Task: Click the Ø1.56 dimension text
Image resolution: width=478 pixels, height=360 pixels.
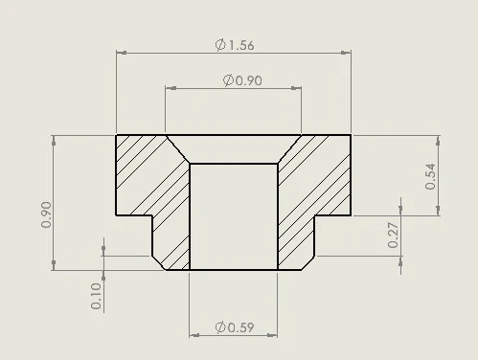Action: (x=235, y=45)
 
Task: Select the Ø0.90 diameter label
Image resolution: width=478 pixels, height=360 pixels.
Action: (x=242, y=80)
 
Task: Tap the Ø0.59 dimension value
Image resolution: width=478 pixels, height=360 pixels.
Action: (x=235, y=327)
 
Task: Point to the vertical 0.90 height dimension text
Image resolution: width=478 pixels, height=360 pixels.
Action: (x=46, y=214)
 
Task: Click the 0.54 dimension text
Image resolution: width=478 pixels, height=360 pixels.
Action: (x=430, y=176)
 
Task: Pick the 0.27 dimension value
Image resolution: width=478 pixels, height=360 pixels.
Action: (x=393, y=236)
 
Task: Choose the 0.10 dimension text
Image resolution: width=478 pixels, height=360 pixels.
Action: (x=96, y=296)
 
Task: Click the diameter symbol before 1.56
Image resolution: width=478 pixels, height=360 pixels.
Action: (x=220, y=45)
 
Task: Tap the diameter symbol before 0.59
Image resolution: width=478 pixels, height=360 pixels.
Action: (x=220, y=327)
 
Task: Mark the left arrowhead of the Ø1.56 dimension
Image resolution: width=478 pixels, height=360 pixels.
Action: (x=122, y=53)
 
